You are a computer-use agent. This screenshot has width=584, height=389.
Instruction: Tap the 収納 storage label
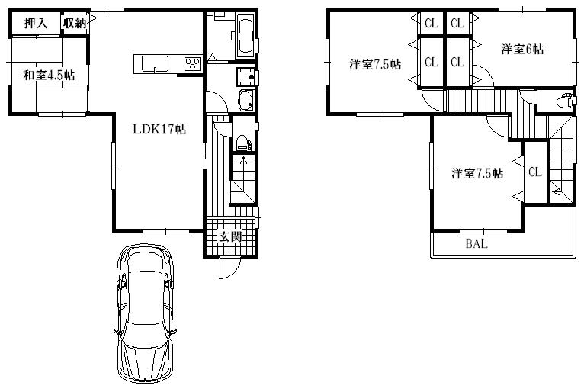74,24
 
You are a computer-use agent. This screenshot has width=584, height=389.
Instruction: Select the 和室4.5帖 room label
48,75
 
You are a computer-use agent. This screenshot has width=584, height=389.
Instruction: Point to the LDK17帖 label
159,129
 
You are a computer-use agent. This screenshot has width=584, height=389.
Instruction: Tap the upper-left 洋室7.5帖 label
376,64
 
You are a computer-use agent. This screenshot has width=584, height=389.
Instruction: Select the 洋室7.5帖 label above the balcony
477,174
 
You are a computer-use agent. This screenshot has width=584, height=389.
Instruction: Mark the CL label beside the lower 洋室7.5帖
534,172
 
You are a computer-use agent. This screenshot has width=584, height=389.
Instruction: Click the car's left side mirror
115,332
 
